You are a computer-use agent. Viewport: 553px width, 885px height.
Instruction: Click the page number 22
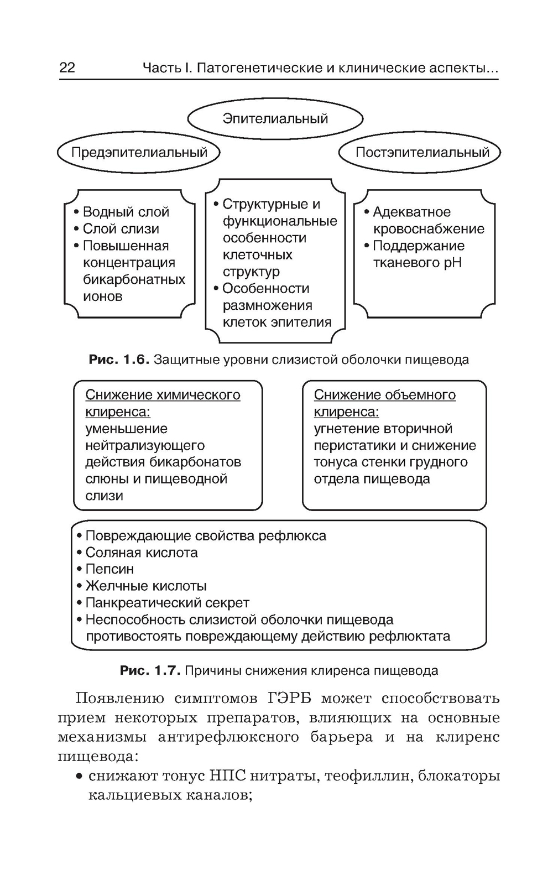67,67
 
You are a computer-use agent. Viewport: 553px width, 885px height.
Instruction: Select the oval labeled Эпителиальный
275,118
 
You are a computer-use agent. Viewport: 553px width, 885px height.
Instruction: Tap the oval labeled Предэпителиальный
139,152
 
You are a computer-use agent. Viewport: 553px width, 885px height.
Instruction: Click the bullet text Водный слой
126,212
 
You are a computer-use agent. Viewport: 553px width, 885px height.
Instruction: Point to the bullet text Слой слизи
121,229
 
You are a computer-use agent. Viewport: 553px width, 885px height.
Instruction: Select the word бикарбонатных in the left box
134,279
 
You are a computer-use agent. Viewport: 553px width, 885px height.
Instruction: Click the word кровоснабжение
429,229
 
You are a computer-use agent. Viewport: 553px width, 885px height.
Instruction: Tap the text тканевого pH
417,263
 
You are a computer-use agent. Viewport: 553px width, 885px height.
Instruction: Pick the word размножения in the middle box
267,305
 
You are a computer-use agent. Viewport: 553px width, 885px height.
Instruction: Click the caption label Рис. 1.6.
119,360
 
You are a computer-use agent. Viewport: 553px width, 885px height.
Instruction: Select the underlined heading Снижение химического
163,395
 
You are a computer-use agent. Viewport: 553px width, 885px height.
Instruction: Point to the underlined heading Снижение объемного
384,395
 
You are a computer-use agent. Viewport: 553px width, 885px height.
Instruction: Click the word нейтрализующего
145,445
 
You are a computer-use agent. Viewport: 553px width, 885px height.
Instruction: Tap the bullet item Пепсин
109,569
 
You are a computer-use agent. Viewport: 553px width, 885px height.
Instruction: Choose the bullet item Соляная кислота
142,553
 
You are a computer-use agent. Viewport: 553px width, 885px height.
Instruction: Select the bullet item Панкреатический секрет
167,603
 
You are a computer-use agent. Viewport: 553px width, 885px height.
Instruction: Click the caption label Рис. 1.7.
150,671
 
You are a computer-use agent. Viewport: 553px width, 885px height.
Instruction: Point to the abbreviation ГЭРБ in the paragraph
290,698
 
